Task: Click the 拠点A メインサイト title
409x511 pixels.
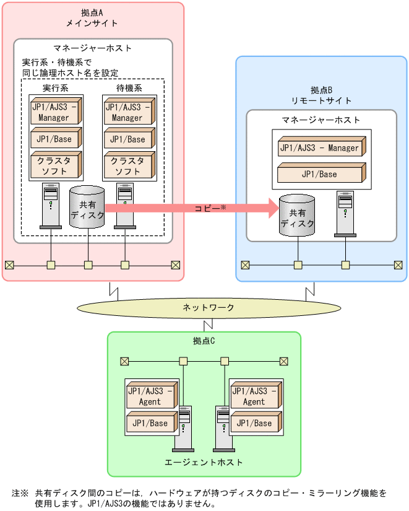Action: pyautogui.click(x=92, y=17)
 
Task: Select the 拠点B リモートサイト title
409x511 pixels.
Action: pyautogui.click(x=321, y=95)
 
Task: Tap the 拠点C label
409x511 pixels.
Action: pyautogui.click(x=204, y=341)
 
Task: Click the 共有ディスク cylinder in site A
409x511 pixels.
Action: pyautogui.click(x=87, y=207)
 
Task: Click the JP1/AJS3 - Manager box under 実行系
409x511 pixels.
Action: pyautogui.click(x=55, y=112)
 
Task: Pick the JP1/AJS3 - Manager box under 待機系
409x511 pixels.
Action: pyautogui.click(x=128, y=112)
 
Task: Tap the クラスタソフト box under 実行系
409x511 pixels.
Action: pyautogui.click(x=55, y=165)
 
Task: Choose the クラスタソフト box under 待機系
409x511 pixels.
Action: pyautogui.click(x=128, y=165)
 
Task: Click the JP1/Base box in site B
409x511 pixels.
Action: pyautogui.click(x=321, y=174)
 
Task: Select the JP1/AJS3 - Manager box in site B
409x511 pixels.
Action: pyautogui.click(x=321, y=148)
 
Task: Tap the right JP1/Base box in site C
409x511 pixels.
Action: pyautogui.click(x=256, y=424)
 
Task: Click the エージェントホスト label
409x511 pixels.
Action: pyautogui.click(x=204, y=462)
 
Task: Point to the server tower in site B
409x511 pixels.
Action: pyautogui.click(x=345, y=214)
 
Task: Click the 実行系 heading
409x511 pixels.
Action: pyautogui.click(x=55, y=87)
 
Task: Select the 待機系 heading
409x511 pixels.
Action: pyautogui.click(x=129, y=87)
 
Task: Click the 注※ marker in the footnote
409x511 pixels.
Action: pyautogui.click(x=20, y=493)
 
